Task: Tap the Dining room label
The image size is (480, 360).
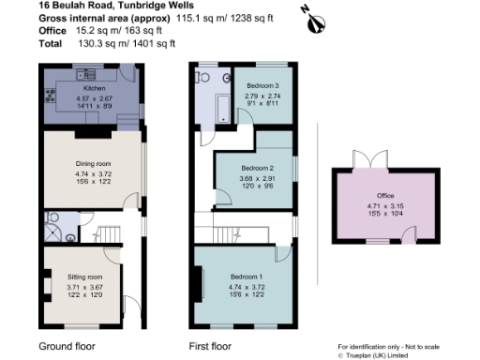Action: tap(93, 165)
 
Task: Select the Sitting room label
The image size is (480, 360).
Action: tap(83, 277)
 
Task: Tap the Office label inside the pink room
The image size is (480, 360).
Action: tap(385, 196)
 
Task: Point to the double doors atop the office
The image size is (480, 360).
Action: tap(360, 158)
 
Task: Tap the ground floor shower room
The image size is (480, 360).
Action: tap(51, 229)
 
